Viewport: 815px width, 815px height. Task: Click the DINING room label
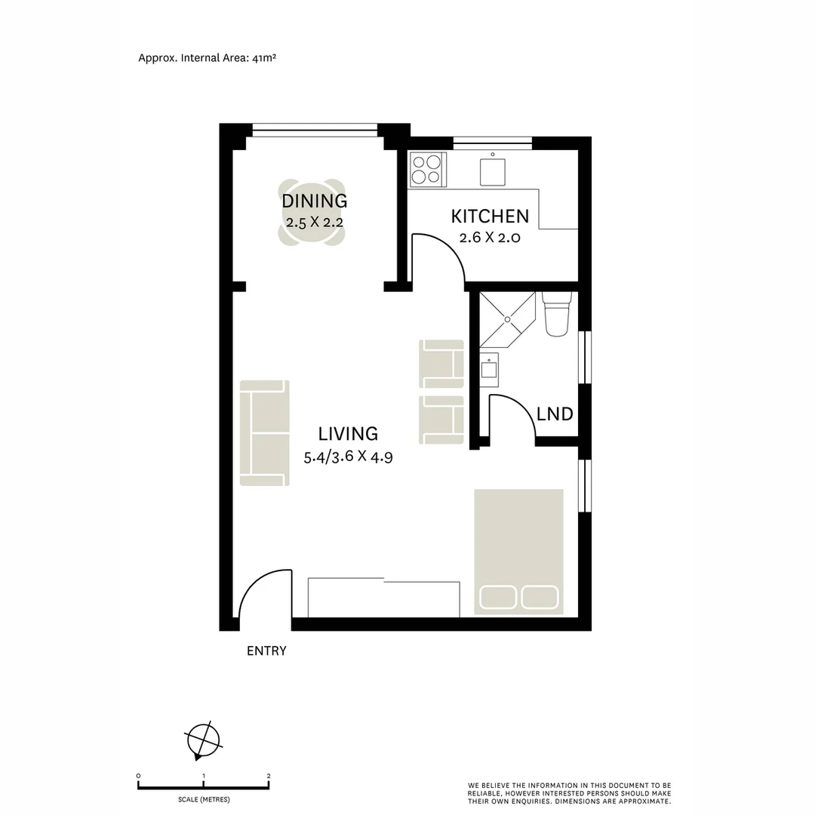(x=314, y=201)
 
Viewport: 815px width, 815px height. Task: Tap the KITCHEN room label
(x=490, y=217)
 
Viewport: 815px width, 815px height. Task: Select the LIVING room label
(x=348, y=434)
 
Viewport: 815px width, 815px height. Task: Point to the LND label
(x=555, y=414)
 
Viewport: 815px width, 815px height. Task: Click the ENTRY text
(x=266, y=651)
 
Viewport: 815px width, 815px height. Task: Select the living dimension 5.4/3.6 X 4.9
(x=348, y=456)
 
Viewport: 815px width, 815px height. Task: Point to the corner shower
(x=507, y=318)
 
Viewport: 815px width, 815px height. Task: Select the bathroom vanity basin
(x=488, y=368)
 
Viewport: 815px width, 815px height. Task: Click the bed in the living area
(x=518, y=551)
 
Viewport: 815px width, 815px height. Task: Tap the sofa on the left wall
(x=264, y=433)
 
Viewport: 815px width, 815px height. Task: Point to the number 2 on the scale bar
(x=269, y=776)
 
